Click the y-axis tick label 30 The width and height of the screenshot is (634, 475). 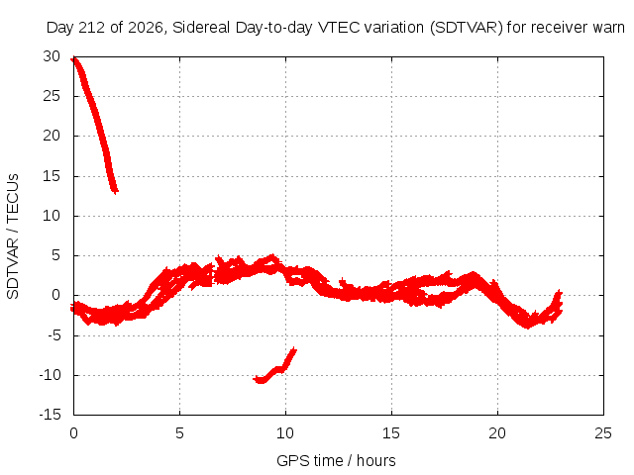pyautogui.click(x=52, y=56)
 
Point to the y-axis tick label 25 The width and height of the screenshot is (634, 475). pyautogui.click(x=52, y=96)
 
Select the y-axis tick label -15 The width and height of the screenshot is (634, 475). pyautogui.click(x=51, y=415)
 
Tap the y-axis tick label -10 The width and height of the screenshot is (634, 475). pyautogui.click(x=51, y=375)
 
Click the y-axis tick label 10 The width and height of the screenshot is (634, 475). pyautogui.click(x=52, y=216)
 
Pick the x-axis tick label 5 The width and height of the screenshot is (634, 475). pyautogui.click(x=179, y=433)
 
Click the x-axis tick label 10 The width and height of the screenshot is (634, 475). pyautogui.click(x=285, y=433)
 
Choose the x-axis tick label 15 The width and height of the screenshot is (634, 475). pyautogui.click(x=391, y=433)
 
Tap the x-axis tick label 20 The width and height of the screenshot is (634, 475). pyautogui.click(x=497, y=433)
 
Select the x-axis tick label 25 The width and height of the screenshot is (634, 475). pyautogui.click(x=603, y=433)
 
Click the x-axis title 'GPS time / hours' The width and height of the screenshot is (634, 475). pyautogui.click(x=336, y=461)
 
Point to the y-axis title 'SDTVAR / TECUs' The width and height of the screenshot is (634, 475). pyautogui.click(x=13, y=237)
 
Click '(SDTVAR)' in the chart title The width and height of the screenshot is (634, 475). pyautogui.click(x=467, y=28)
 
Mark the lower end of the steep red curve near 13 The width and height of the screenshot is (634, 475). pyautogui.click(x=116, y=191)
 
